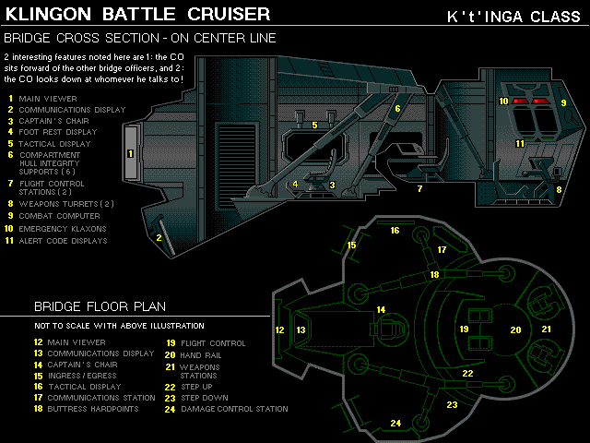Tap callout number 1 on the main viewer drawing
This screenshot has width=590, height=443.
coord(130,153)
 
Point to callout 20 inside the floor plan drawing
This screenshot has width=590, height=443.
coord(515,329)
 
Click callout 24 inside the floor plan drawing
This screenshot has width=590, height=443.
coord(395,423)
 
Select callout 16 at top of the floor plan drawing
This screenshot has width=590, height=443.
coord(395,230)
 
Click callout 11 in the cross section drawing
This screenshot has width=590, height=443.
coord(520,143)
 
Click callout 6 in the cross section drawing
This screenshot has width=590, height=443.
coord(397,108)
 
